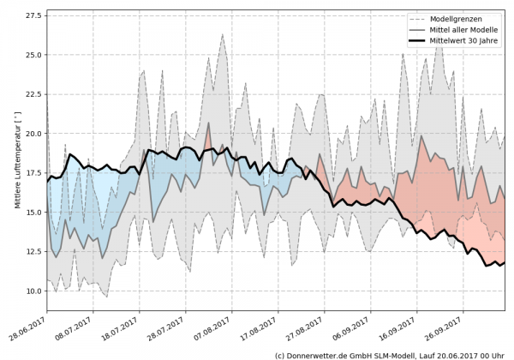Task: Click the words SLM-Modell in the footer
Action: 400,353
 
